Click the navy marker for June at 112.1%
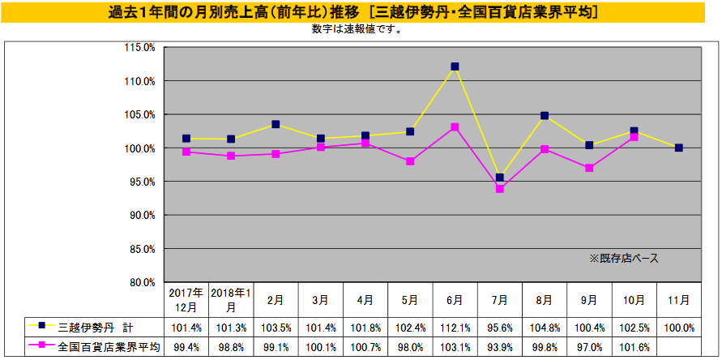click(455, 66)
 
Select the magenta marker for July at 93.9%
click(499, 189)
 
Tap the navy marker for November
click(678, 148)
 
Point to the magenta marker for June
click(455, 127)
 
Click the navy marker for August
click(545, 116)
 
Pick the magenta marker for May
click(410, 161)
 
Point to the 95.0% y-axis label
click(141, 182)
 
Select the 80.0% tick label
click(141, 282)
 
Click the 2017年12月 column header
click(186, 300)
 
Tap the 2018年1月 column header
click(231, 300)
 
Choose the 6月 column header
click(455, 300)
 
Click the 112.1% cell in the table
click(455, 328)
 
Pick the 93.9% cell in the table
click(499, 347)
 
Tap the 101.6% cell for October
click(634, 347)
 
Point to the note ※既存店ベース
click(623, 259)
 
